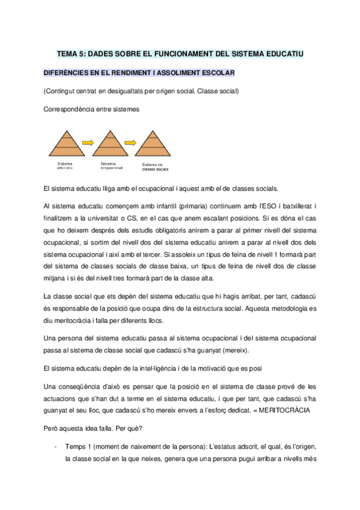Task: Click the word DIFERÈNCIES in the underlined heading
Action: pos(69,73)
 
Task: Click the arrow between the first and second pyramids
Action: pos(88,143)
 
